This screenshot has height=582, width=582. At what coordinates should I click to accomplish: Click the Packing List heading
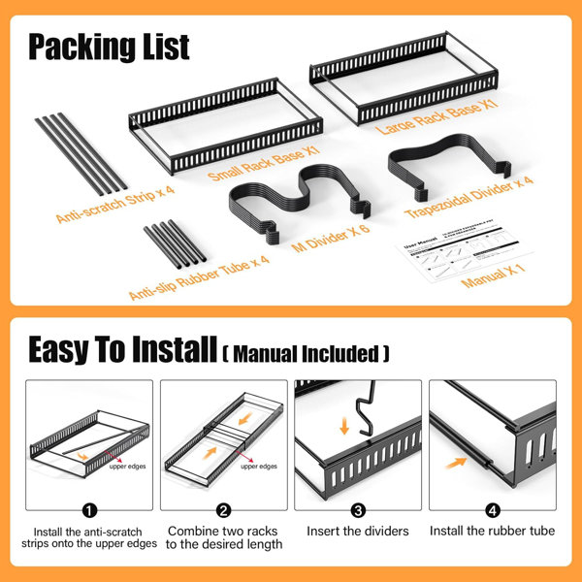109,46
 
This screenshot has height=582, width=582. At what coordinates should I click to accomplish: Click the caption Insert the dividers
358,532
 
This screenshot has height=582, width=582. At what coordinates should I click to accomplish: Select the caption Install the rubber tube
492,532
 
